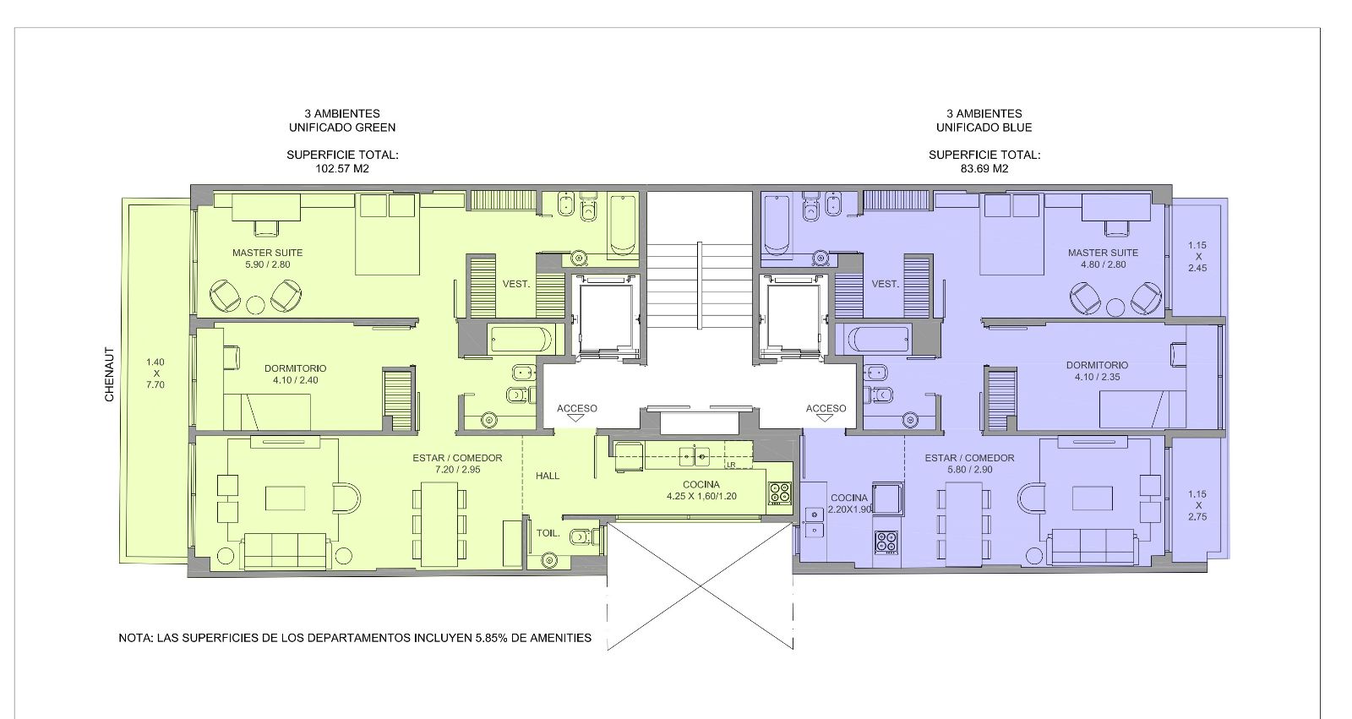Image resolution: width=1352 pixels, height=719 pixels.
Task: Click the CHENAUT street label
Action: point(109,374)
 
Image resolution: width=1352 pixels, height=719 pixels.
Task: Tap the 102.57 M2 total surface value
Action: point(342,169)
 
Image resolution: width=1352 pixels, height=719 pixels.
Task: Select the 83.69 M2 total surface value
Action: point(984,169)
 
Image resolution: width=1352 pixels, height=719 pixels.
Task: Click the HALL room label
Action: point(548,476)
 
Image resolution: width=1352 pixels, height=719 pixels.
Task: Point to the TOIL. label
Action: point(548,534)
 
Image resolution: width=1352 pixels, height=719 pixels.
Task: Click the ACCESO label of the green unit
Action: point(577,409)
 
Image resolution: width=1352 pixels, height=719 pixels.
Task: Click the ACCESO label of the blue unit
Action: point(826,409)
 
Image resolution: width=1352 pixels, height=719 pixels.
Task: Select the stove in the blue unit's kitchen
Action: point(886,542)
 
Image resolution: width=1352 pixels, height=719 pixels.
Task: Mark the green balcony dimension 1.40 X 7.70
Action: point(155,373)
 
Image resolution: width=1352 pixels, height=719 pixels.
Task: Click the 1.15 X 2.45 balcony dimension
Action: point(1197,257)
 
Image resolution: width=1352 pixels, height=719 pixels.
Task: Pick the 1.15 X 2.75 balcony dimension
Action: point(1197,505)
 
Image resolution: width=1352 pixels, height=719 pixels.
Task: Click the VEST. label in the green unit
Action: point(516,284)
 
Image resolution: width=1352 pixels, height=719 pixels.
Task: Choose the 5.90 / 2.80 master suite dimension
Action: point(267,264)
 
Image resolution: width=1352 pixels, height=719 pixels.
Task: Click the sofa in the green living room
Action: point(285,551)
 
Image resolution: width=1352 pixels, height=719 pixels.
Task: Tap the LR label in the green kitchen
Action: point(731,465)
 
